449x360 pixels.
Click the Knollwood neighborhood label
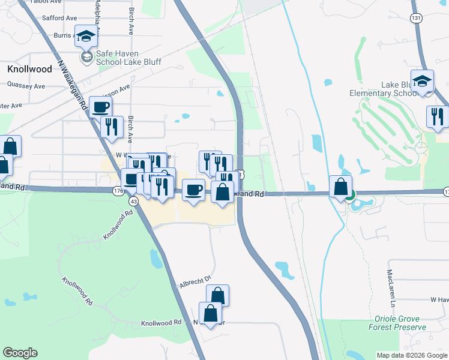pos(29,69)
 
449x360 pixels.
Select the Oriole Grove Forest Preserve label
pos(400,323)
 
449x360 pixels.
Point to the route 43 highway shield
pos(133,202)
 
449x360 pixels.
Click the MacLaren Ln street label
pos(391,286)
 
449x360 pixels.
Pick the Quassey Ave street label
pos(26,86)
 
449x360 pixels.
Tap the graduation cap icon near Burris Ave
pos(86,37)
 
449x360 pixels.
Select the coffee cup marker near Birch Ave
pos(100,107)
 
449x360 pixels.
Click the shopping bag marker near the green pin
pos(341,186)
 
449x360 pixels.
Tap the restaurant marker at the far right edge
pos(437,115)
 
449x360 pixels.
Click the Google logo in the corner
pos(20,353)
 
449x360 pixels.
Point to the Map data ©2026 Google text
pos(412,355)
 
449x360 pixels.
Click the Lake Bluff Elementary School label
pos(384,89)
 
